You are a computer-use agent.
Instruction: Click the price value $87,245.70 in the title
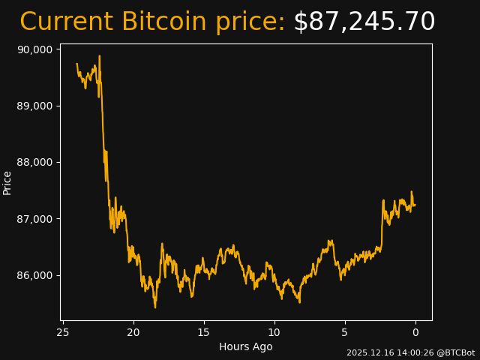coord(364,22)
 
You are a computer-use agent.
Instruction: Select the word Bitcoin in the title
coord(163,22)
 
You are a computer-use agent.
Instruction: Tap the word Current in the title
coord(66,22)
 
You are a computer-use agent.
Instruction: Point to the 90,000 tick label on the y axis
coord(34,49)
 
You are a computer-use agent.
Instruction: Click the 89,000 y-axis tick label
coord(34,106)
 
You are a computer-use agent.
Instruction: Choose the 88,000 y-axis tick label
coord(34,162)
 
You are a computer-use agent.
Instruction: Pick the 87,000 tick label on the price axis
coord(34,219)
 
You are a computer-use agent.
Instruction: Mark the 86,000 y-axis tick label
coord(34,275)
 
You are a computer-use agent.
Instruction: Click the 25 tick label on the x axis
coord(63,332)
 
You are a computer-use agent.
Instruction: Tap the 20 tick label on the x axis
coord(133,332)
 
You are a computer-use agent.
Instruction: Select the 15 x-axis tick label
coord(204,332)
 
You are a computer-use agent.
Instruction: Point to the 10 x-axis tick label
coord(274,332)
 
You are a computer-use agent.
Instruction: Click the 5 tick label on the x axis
coord(345,332)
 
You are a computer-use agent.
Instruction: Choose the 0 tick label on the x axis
coord(415,332)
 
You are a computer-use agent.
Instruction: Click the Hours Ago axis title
coord(246,346)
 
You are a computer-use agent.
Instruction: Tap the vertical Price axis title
coord(7,182)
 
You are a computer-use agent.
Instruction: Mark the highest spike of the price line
coord(99,55)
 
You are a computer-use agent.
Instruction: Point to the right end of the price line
coord(415,205)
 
